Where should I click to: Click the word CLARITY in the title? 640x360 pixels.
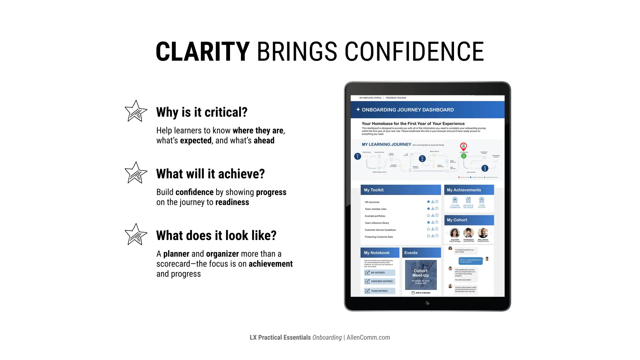202,52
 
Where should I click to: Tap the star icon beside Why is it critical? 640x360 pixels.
136,112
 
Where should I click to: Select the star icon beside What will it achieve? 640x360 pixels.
136,173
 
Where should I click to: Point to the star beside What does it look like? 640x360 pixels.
136,235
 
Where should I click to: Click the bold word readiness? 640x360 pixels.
232,202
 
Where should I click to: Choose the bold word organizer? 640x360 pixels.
222,254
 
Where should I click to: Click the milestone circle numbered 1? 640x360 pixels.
357,157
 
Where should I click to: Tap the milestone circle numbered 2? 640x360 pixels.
422,159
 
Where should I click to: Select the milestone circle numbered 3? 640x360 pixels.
485,168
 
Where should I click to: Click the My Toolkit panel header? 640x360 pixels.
401,190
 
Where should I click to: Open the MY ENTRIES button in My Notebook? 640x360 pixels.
380,273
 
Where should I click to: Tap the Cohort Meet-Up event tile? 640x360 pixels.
421,275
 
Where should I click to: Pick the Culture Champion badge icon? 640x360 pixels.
455,200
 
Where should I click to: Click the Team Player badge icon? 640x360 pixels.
482,200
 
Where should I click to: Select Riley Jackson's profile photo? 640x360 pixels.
483,233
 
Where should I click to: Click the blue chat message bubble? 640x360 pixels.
470,261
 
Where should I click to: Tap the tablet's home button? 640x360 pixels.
427,303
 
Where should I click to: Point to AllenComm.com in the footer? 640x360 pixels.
368,337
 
